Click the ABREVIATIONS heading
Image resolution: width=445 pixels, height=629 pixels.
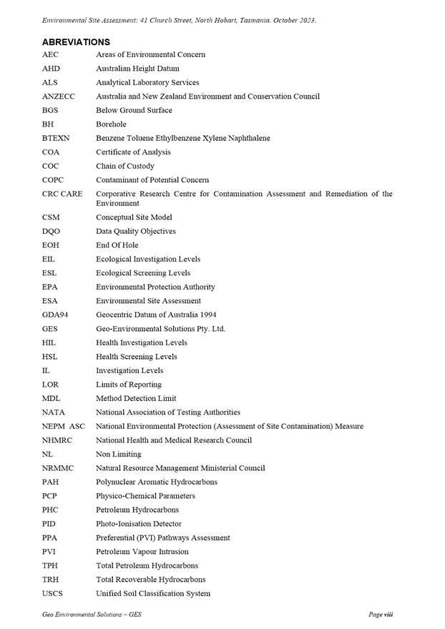tap(76, 42)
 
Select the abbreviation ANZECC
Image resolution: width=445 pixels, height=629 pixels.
tap(58, 96)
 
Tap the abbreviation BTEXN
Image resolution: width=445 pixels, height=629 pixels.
tap(56, 138)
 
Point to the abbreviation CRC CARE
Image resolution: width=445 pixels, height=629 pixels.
tap(62, 194)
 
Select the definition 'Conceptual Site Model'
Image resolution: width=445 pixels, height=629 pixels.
tap(134, 217)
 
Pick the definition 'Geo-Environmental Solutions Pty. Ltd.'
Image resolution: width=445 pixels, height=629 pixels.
tap(160, 329)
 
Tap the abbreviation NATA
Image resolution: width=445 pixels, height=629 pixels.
tap(53, 412)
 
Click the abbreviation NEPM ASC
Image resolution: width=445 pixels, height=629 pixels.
tap(63, 426)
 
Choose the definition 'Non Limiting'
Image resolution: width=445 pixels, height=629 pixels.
tap(118, 454)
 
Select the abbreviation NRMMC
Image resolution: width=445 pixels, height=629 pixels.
tap(57, 468)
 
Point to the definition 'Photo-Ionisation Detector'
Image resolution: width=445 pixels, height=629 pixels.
tap(139, 524)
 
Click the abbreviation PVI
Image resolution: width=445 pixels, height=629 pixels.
tap(49, 552)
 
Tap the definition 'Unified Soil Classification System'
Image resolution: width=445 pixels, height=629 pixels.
tap(153, 593)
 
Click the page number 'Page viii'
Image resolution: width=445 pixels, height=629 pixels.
tap(381, 615)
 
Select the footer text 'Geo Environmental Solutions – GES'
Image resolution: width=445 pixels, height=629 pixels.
tap(92, 615)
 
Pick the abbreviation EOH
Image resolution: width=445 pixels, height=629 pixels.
tap(50, 245)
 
